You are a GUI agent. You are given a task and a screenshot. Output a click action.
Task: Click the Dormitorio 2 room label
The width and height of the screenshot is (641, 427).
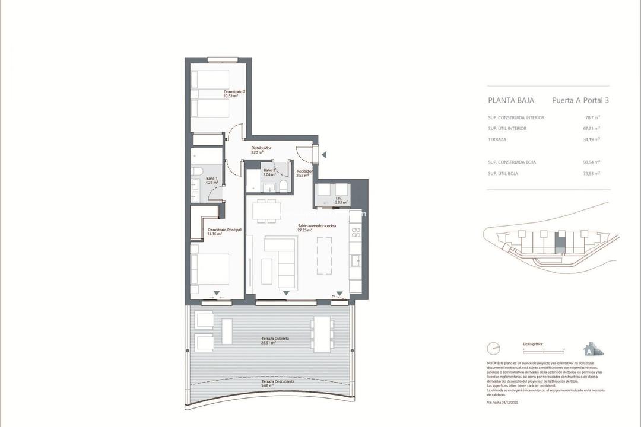point(234,92)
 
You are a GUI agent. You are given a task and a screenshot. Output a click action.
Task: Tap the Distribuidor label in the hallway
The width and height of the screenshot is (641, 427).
point(261,148)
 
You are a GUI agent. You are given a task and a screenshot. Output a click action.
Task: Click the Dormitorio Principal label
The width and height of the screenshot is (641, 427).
point(224,230)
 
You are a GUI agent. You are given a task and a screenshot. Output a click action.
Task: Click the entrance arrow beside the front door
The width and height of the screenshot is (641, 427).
point(323,155)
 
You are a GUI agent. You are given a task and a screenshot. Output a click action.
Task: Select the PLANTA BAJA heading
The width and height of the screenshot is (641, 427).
point(511,100)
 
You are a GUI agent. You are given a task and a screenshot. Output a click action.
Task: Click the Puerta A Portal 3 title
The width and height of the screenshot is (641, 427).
point(580,100)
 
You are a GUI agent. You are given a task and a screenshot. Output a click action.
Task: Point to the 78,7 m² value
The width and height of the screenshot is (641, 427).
point(592,117)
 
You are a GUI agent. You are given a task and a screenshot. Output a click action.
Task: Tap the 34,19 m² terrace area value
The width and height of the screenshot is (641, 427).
point(591,139)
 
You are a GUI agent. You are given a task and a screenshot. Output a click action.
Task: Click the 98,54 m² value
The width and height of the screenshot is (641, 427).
point(591,162)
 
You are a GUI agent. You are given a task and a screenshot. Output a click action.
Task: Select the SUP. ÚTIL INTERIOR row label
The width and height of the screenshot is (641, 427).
point(507,129)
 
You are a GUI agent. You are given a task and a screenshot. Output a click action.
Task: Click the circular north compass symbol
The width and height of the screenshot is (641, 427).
point(493,348)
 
